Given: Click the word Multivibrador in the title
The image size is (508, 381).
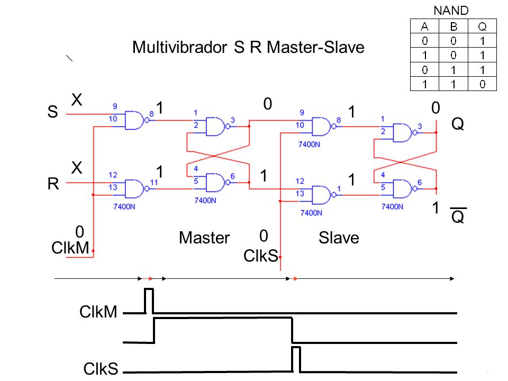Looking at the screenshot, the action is [x=180, y=47].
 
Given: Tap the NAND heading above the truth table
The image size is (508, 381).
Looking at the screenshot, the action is [x=451, y=11].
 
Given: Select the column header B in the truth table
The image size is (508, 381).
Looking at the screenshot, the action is [x=453, y=26].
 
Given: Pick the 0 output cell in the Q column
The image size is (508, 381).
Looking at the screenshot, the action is [x=483, y=84].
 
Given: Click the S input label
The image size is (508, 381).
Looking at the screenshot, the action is [x=52, y=112].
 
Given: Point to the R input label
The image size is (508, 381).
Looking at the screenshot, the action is [x=53, y=184].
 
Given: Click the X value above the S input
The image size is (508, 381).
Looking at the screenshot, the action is [x=77, y=99].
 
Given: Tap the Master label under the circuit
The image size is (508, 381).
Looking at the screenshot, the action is [x=204, y=238].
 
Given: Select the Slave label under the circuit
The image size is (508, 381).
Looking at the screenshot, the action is [x=339, y=238].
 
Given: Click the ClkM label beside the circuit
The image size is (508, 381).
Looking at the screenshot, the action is [x=70, y=248].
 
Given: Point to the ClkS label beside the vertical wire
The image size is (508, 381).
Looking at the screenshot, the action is [x=261, y=256].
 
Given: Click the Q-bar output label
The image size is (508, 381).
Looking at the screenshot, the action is [x=458, y=215].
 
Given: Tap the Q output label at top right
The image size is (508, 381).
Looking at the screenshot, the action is [x=457, y=124].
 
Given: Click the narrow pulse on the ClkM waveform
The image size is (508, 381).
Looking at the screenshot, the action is [x=149, y=301].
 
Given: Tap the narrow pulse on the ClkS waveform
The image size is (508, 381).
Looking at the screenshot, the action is [x=296, y=359].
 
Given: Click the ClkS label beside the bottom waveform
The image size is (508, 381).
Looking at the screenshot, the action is [x=101, y=369].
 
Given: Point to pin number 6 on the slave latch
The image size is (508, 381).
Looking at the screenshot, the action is [x=420, y=183].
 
